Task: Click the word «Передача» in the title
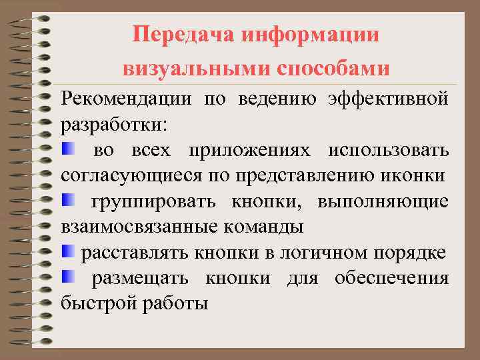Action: (x=175, y=34)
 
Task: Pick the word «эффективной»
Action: (x=388, y=99)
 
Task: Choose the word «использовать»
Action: (x=388, y=150)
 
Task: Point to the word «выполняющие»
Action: (x=383, y=201)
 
